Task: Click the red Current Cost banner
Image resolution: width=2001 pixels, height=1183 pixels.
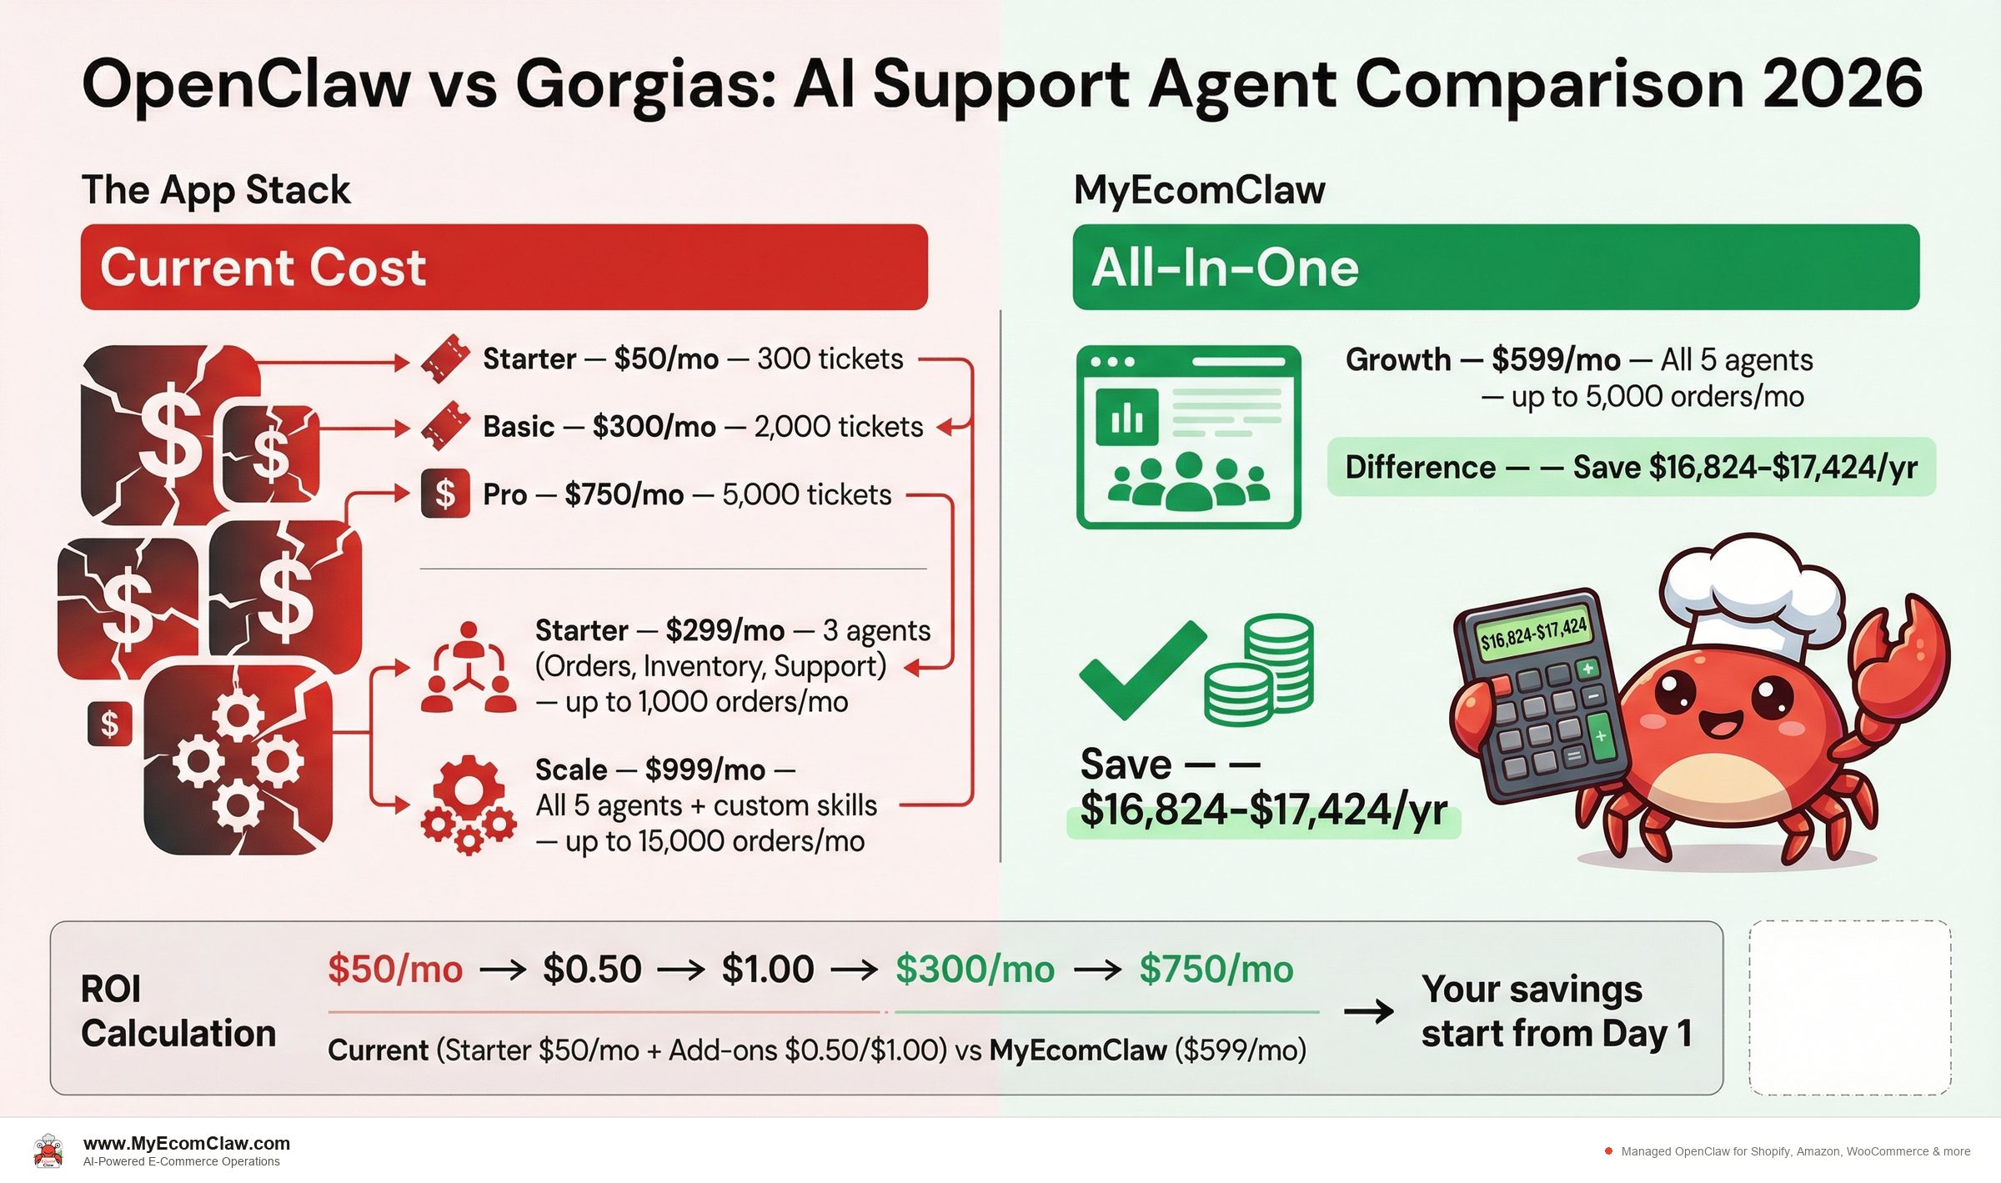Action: pos(504,267)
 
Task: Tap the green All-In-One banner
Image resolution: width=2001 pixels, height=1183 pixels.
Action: pos(1496,267)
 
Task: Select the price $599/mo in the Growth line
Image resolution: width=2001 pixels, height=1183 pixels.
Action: pos(1556,360)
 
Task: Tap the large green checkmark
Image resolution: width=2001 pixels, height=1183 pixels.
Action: pos(1141,669)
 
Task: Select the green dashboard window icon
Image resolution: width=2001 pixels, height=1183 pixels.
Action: pos(1188,437)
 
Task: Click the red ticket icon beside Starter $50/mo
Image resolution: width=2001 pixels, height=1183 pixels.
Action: pos(445,358)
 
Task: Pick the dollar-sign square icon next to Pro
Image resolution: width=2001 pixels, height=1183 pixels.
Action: pos(445,494)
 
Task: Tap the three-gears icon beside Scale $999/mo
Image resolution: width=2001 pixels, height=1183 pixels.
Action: pos(468,805)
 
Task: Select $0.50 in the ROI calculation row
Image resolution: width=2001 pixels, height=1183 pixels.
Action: pos(592,969)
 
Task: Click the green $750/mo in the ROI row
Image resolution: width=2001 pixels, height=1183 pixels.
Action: pos(1216,969)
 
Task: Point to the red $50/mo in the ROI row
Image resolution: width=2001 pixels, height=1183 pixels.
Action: pos(395,969)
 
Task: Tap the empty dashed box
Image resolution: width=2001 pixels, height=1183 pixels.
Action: pos(1849,1007)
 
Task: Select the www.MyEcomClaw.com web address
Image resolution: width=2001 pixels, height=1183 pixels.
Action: pos(187,1143)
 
